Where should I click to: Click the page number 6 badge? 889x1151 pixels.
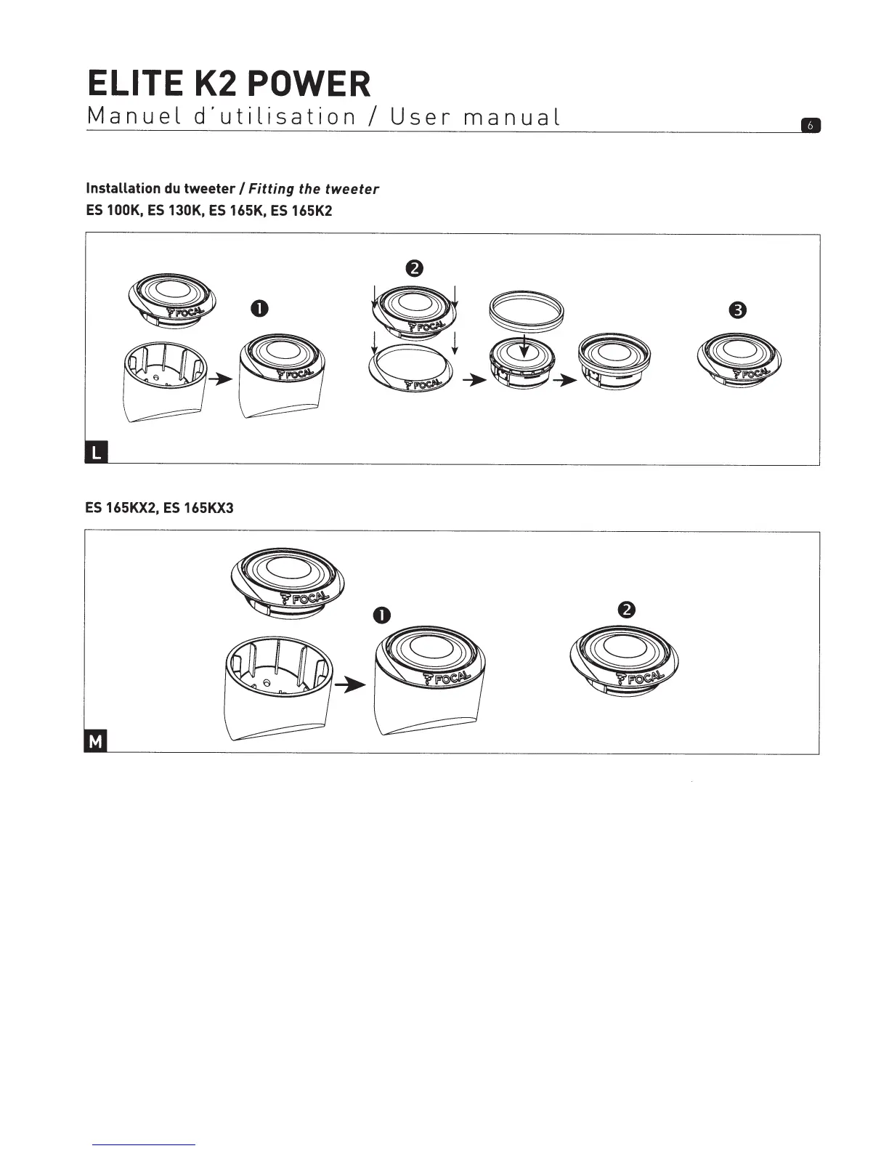810,126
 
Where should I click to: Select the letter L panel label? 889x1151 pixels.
96,455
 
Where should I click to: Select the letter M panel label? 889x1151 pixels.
96,742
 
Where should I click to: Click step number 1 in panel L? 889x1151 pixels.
257,309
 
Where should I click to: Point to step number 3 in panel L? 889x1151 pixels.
739,310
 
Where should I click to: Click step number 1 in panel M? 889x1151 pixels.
382,616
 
